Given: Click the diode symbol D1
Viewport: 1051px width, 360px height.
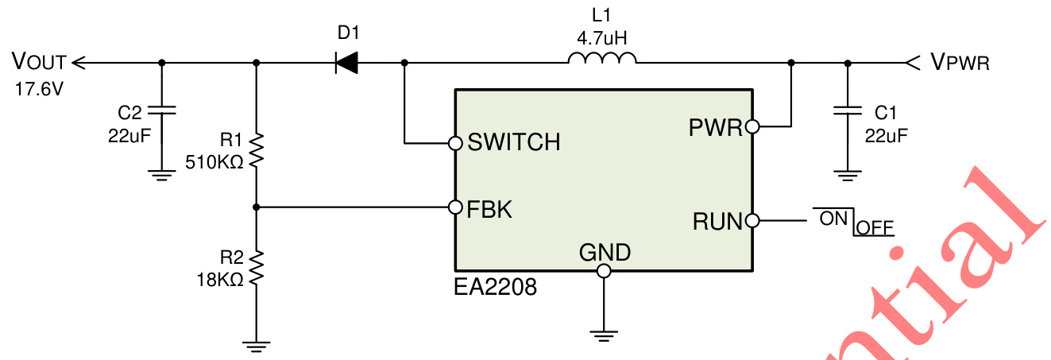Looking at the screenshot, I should click(346, 62).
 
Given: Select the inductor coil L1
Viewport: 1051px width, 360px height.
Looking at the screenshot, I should click(602, 59).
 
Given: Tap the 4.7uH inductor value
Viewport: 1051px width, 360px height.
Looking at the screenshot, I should click(602, 37).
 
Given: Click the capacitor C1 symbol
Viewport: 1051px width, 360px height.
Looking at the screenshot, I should click(848, 110).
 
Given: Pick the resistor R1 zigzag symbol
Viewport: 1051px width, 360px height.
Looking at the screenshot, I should click(256, 150).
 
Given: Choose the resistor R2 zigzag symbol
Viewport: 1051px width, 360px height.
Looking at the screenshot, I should click(256, 267).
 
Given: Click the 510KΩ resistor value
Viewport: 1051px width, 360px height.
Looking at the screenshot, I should click(214, 163).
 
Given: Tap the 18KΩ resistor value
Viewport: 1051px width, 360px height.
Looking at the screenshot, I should click(220, 279).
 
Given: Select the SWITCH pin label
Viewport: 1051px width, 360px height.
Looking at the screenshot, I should click(514, 143).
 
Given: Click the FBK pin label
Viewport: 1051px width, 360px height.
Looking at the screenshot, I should click(490, 209).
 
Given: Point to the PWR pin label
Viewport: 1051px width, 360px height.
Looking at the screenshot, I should click(714, 127).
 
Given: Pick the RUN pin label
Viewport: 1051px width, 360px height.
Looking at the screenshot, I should click(717, 222).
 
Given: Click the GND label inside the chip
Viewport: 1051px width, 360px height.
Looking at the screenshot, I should click(605, 253).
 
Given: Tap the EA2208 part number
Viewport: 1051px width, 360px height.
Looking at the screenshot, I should click(495, 287).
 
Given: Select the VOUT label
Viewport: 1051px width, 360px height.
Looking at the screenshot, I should click(39, 61).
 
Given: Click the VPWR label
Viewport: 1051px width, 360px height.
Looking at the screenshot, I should click(960, 62).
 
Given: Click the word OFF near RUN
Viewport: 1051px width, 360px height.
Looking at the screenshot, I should click(875, 228).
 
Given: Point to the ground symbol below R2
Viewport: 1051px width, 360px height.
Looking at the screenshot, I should click(256, 343).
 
